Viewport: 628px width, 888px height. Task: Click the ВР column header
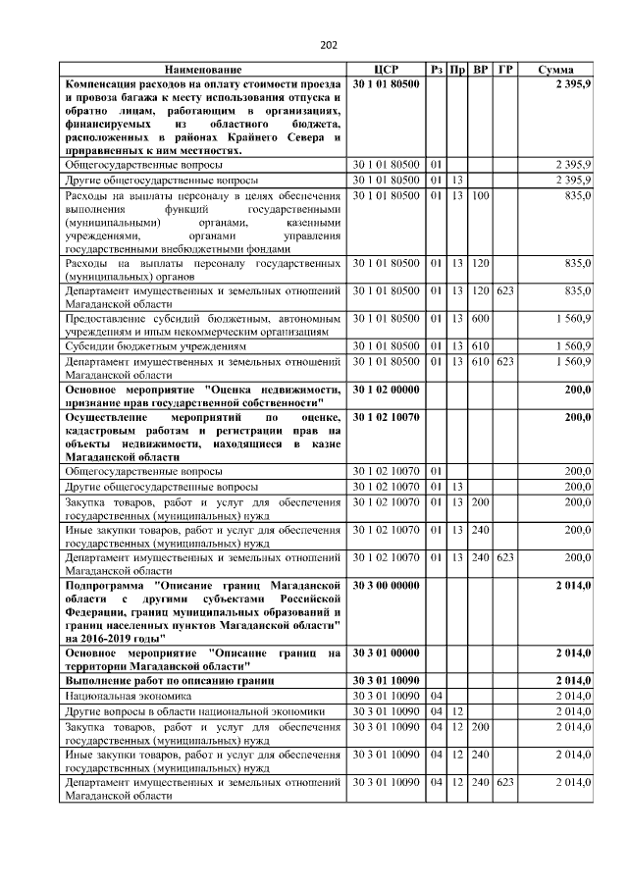click(x=481, y=71)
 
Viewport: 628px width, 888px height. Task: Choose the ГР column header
click(x=504, y=71)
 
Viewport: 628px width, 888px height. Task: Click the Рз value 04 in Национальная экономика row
click(x=437, y=695)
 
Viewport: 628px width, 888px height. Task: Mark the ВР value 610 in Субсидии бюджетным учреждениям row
click(x=480, y=346)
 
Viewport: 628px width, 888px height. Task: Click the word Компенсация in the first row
click(x=104, y=85)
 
